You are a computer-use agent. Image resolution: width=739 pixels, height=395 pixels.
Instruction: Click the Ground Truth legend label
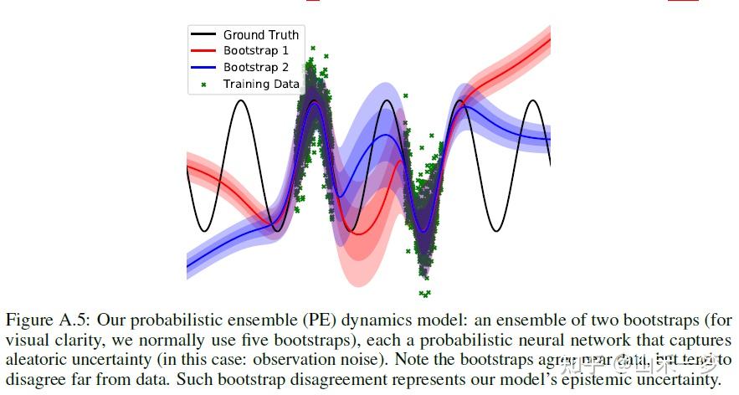point(260,35)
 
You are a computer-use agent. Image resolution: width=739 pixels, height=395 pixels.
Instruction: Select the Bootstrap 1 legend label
point(254,51)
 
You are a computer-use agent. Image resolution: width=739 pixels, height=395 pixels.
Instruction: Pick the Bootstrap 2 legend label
point(254,67)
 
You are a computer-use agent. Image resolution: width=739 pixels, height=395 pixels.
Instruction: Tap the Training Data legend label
point(260,84)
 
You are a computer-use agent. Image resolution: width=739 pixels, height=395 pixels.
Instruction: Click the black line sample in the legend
point(204,35)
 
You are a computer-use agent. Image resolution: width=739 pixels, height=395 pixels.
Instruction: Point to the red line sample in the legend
point(204,51)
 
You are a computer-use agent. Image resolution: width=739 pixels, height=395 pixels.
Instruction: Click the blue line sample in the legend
point(204,67)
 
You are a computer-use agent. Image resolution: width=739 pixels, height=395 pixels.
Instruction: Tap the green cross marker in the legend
point(204,84)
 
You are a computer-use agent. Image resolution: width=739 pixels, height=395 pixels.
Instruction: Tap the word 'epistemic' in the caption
point(588,381)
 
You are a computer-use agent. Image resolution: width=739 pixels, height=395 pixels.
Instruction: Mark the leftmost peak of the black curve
point(241,101)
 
